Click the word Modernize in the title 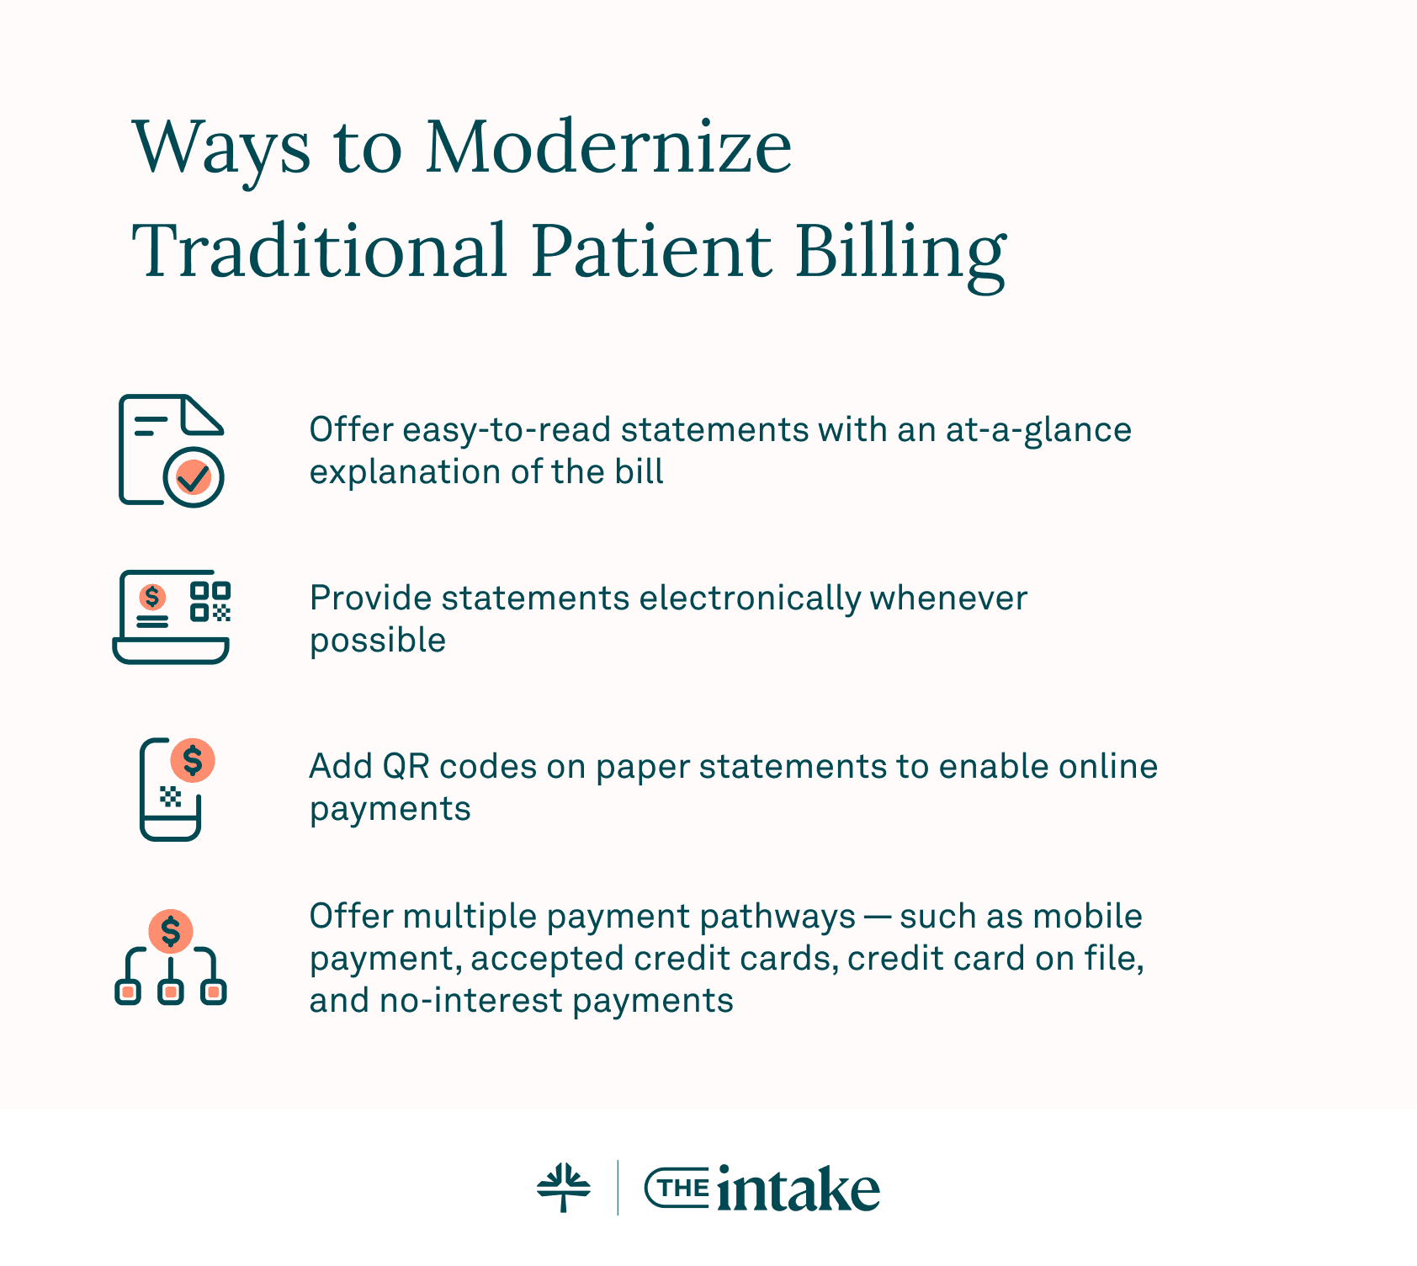(x=608, y=148)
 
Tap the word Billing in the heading (x=900, y=252)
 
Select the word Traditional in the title (x=320, y=250)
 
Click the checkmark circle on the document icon (x=194, y=477)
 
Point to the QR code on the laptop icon (x=210, y=601)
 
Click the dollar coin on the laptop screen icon (x=152, y=597)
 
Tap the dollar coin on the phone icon (x=193, y=761)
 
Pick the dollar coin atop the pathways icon (x=171, y=931)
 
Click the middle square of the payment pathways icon (x=171, y=992)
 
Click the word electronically (x=751, y=598)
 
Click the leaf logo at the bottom (x=564, y=1188)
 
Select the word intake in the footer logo (x=798, y=1189)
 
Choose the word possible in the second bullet (x=378, y=641)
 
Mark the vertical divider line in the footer (x=618, y=1188)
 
